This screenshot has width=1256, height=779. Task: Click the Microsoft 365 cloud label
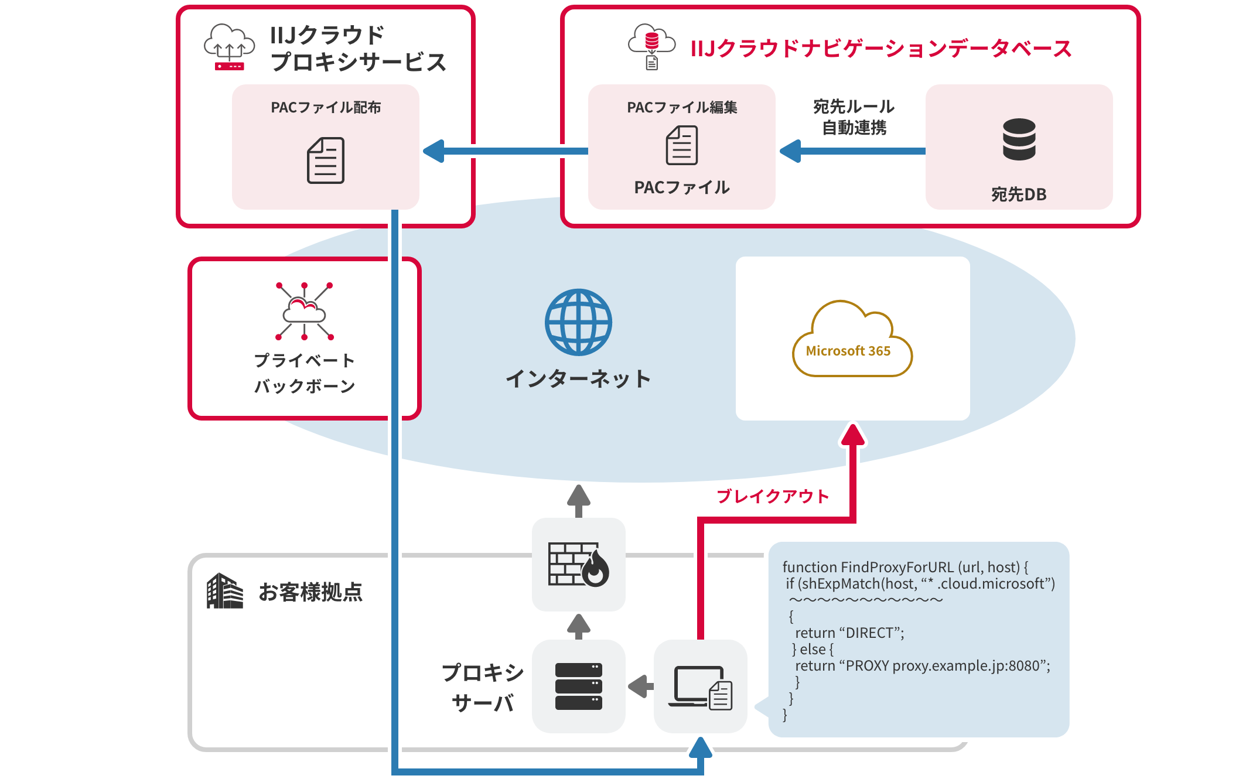tap(848, 351)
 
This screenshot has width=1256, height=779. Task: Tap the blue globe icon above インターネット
tap(578, 322)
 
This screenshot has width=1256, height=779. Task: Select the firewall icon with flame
tap(578, 564)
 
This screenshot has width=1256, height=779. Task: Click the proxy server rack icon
tap(578, 686)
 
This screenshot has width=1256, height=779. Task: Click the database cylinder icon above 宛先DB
tap(1019, 139)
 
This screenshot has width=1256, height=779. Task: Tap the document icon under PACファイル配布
tap(326, 160)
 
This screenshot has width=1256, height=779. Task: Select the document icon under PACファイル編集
tap(681, 146)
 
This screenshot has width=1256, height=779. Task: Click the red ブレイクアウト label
tap(773, 496)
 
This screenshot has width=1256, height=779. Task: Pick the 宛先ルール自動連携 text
tap(854, 117)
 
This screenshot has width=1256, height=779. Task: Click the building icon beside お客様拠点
tap(224, 591)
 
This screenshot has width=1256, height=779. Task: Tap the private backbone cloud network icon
tap(304, 311)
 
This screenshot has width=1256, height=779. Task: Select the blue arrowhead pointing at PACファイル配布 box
tap(434, 151)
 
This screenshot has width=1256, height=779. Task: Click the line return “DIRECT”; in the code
tap(849, 633)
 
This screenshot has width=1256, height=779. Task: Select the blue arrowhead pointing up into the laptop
tap(700, 748)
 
